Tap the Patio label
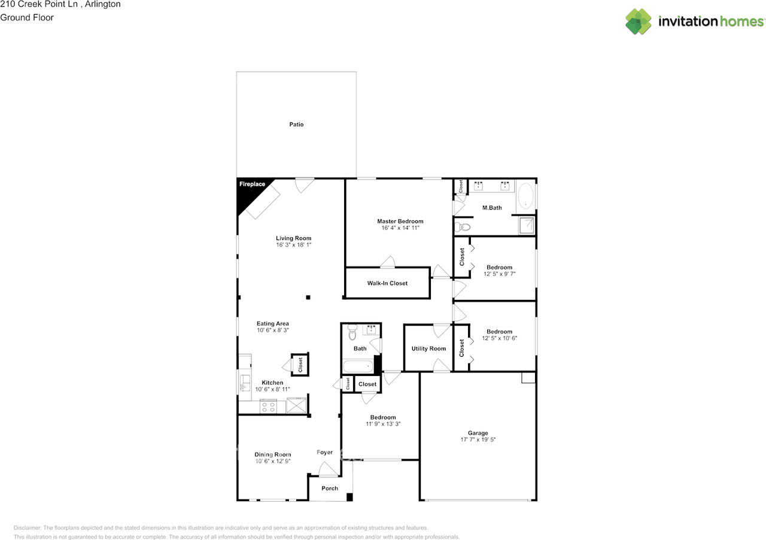tap(296, 125)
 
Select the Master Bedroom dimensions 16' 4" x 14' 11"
tap(400, 228)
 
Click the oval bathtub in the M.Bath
tap(525, 196)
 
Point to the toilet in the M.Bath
tap(463, 227)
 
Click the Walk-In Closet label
tap(387, 283)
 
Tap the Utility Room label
tap(428, 348)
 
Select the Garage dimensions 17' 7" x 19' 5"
tap(478, 439)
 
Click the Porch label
tap(330, 489)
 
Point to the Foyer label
tap(324, 453)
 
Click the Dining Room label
tap(272, 454)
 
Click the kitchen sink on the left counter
tap(244, 383)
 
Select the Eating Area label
tap(272, 324)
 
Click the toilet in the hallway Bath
tap(352, 330)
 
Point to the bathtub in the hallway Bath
tap(357, 365)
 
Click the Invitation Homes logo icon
tap(639, 22)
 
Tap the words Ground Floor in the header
tap(27, 17)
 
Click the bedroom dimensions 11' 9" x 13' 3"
tap(382, 424)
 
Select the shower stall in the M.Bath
tap(527, 225)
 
